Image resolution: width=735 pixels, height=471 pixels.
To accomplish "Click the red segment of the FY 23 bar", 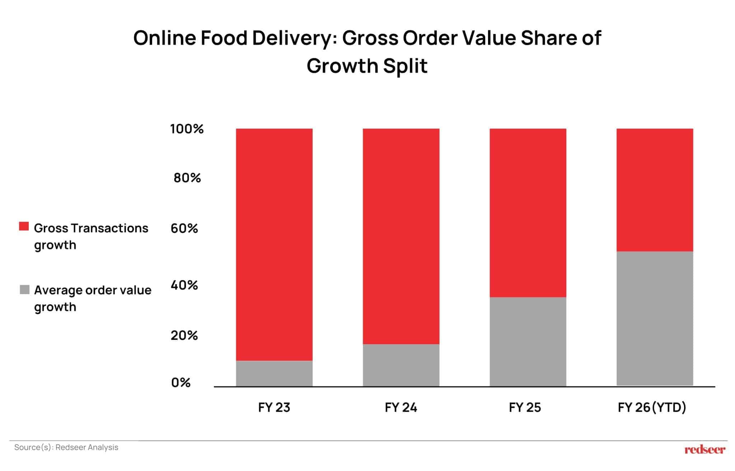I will click(x=274, y=244).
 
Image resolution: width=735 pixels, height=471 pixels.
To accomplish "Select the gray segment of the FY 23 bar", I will click(x=274, y=373).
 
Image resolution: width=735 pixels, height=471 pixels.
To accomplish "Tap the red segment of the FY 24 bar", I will click(x=401, y=236).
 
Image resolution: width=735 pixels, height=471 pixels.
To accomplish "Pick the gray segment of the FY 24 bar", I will click(x=401, y=365).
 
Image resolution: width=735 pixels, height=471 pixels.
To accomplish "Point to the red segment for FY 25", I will click(x=528, y=213).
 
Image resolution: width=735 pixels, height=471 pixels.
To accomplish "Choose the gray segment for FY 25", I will click(x=528, y=342).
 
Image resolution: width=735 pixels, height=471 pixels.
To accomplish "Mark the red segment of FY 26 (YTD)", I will click(x=655, y=190).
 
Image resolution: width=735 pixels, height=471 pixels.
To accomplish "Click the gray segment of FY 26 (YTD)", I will click(x=655, y=319).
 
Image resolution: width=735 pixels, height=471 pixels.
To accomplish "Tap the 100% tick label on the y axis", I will click(x=187, y=129).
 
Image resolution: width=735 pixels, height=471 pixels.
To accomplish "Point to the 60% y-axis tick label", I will click(x=184, y=228).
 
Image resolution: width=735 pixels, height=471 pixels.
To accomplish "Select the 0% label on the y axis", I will click(x=181, y=383).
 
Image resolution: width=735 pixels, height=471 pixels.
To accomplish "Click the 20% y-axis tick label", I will click(x=184, y=335).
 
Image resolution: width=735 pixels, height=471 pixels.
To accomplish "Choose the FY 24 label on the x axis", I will click(x=401, y=407).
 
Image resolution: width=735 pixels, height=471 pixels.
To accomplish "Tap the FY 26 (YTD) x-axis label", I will click(x=652, y=407).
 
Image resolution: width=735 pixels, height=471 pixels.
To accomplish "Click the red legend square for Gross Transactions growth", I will click(x=24, y=227).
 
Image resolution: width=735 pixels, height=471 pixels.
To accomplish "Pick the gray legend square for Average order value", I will click(x=24, y=290).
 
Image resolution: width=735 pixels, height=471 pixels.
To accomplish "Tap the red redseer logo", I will click(x=705, y=449).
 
